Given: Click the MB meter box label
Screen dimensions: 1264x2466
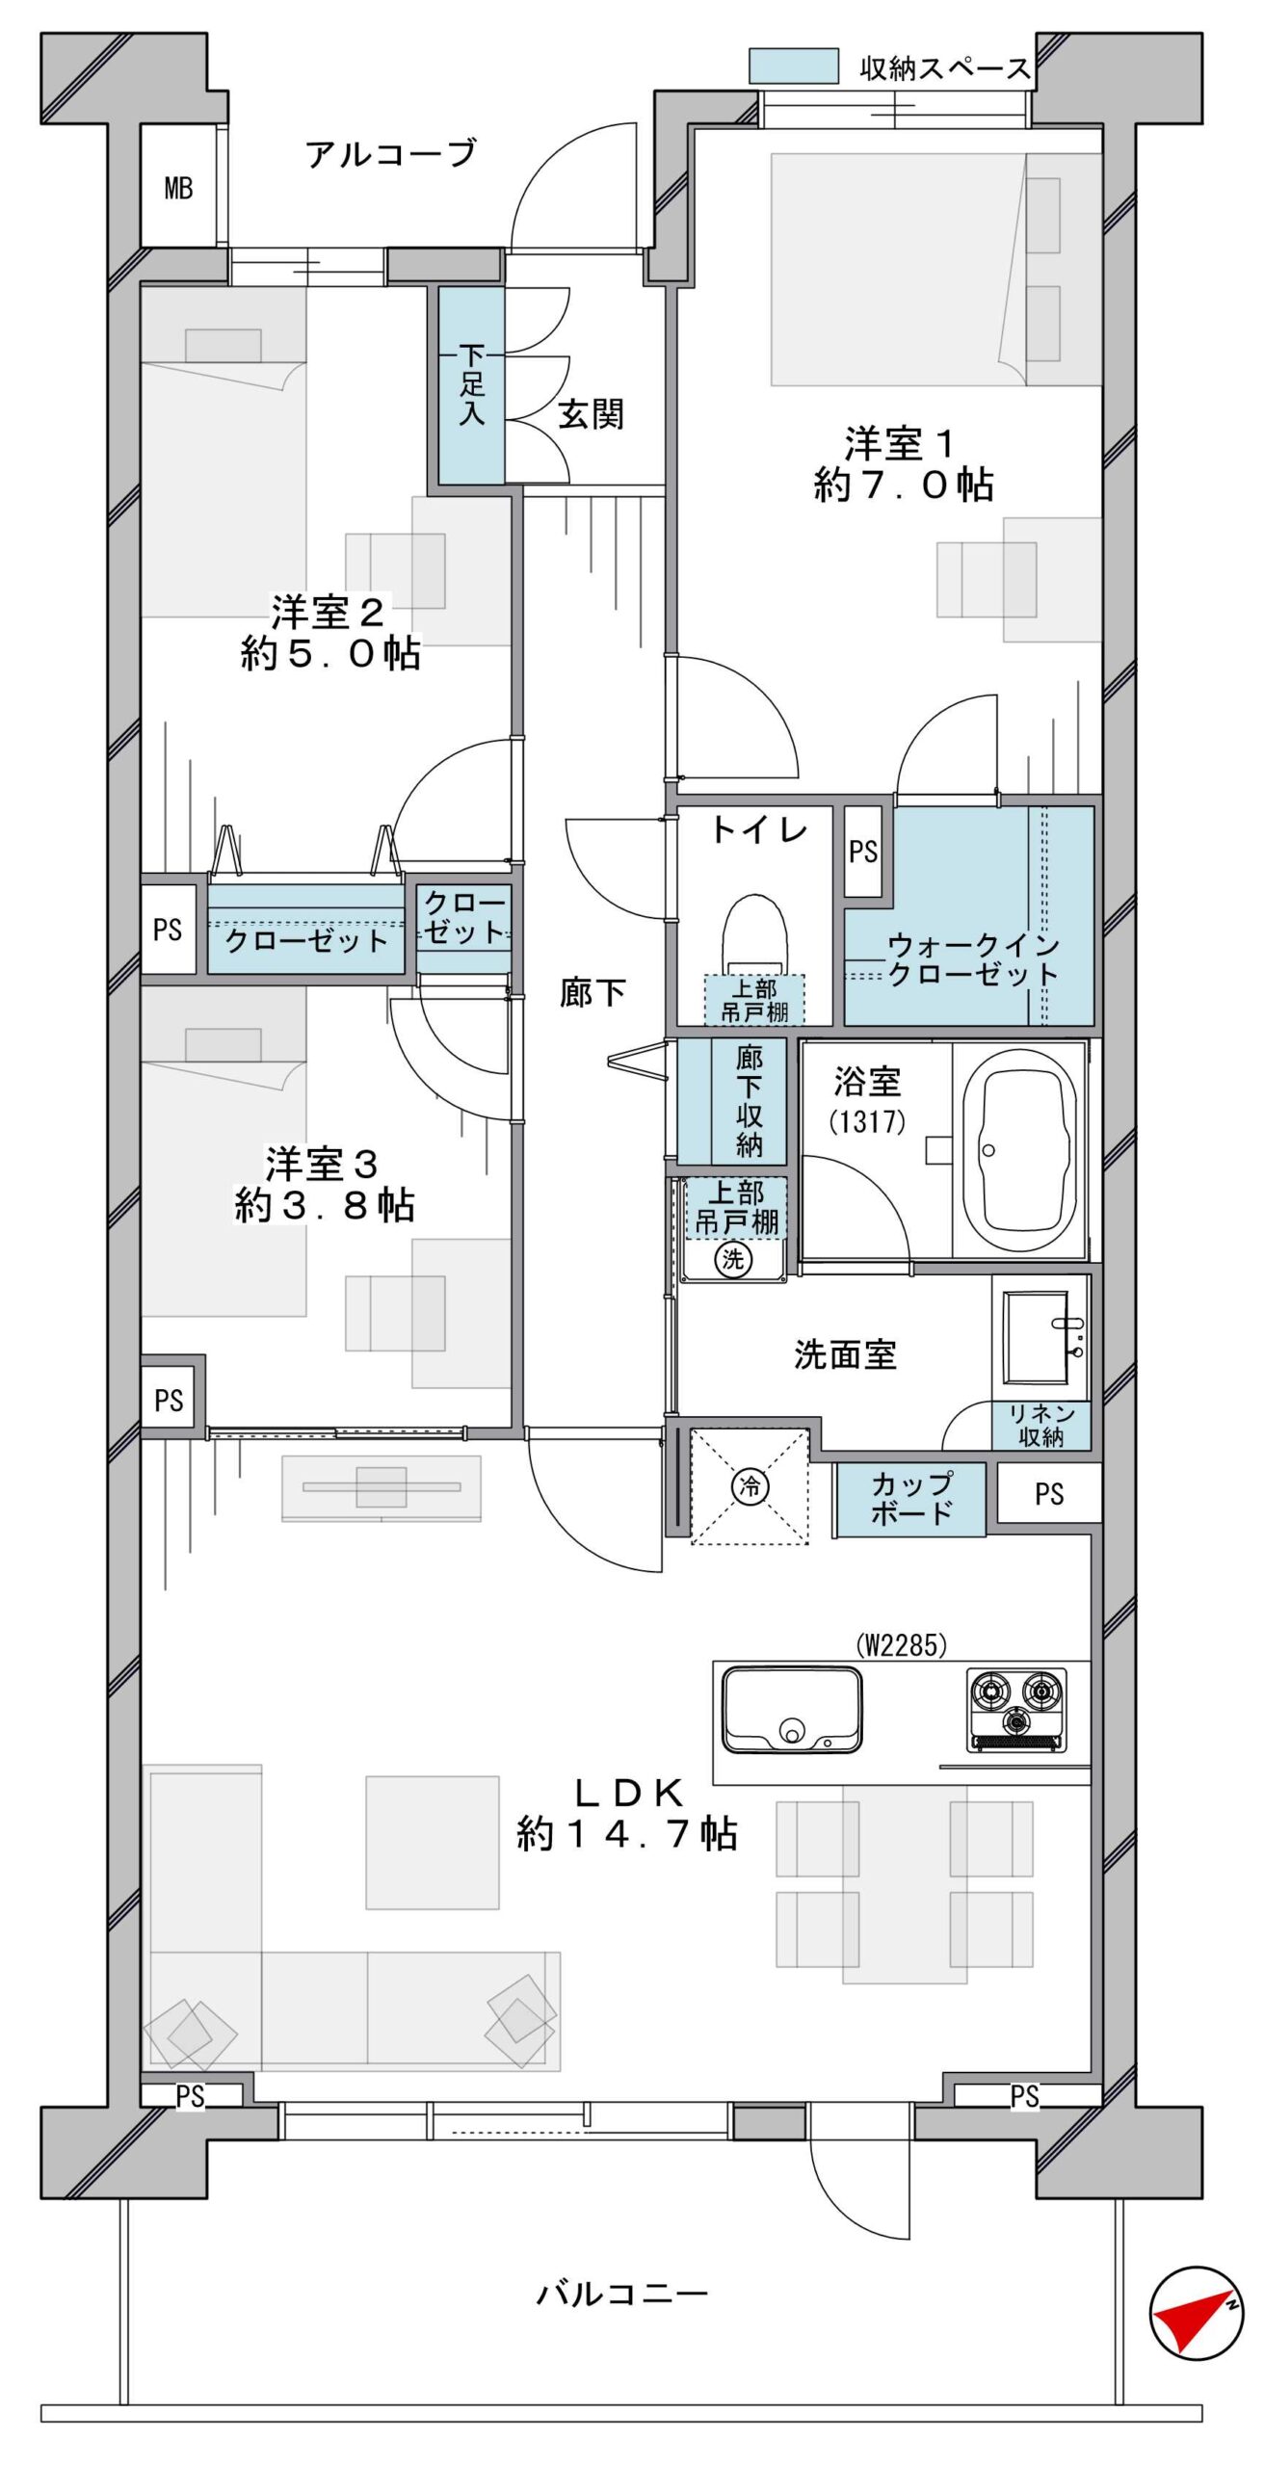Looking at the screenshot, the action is (x=178, y=188).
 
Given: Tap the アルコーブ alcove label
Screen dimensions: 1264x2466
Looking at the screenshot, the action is (x=391, y=154).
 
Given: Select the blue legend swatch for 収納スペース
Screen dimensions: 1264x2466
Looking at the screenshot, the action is (x=794, y=66).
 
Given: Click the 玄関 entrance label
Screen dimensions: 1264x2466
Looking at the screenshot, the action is (x=591, y=414).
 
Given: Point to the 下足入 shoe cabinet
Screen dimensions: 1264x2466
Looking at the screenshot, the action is (x=472, y=385).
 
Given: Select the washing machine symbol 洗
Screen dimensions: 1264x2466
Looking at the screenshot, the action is (x=733, y=1258).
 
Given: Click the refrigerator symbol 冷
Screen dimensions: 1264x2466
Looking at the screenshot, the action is (x=750, y=1485).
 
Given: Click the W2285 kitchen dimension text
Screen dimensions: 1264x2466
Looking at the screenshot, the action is (x=902, y=1645).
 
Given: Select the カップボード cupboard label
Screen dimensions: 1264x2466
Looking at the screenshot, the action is (x=911, y=1498).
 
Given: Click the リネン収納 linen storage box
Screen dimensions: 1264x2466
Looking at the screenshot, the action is (x=1041, y=1426).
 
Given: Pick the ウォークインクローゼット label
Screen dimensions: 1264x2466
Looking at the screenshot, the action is (x=972, y=958).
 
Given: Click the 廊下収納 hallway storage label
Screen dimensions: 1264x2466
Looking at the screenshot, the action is (x=749, y=1101).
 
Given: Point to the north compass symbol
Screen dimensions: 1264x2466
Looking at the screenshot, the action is (x=1197, y=2313).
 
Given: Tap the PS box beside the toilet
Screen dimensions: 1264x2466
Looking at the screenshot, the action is (x=863, y=852).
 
